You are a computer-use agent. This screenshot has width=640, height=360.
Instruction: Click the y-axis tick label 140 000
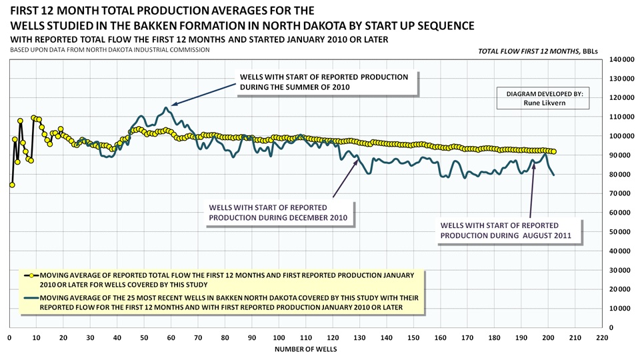620,59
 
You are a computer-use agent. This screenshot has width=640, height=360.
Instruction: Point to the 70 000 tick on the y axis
620,193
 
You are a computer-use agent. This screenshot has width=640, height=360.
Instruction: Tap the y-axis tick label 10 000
620,309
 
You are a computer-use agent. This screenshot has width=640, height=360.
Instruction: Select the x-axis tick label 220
602,337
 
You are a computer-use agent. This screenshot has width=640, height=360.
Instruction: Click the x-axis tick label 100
279,337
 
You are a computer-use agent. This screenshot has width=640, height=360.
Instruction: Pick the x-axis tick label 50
144,337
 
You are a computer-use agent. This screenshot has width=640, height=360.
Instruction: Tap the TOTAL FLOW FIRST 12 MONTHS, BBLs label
540,51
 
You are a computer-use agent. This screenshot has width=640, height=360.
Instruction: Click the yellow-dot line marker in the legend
31,275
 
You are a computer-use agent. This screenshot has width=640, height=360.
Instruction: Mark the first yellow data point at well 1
12,185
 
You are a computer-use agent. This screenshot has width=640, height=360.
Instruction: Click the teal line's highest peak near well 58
165,107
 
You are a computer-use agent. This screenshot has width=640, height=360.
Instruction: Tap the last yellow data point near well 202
553,152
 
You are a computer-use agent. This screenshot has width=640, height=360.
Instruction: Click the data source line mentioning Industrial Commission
105,50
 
